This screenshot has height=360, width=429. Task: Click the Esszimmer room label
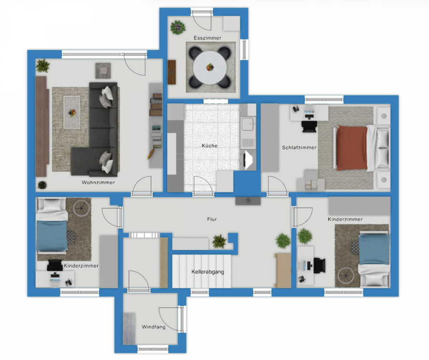tap(207, 38)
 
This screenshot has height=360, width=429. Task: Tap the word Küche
tap(210, 146)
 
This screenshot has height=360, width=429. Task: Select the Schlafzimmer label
tap(299, 147)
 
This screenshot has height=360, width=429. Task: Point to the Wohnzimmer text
tap(98, 182)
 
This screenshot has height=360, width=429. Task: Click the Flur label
tap(212, 219)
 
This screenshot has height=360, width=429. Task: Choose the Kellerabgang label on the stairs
tap(208, 272)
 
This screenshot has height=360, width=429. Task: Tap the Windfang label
tap(153, 327)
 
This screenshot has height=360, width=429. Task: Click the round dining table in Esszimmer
tap(210, 68)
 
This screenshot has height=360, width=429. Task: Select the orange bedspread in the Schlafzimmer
tap(352, 148)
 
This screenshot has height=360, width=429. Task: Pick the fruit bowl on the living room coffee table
tap(72, 112)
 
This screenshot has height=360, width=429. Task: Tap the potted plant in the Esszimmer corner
tap(178, 27)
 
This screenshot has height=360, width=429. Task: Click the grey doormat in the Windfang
tap(129, 329)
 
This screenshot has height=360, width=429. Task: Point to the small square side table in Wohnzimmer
tap(103, 70)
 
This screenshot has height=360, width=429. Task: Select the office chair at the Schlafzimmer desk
tap(309, 127)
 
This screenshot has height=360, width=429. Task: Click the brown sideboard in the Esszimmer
tap(172, 72)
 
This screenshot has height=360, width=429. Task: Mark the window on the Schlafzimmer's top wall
tap(324, 100)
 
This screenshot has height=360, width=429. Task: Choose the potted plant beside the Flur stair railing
tap(219, 241)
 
